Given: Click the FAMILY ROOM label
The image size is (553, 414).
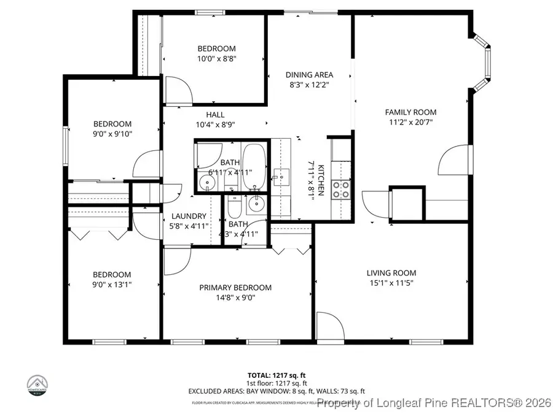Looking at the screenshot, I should tap(410, 112).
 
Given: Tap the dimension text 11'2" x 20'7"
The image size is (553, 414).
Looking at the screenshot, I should tap(410, 122).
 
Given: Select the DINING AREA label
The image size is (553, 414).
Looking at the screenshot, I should tap(309, 75).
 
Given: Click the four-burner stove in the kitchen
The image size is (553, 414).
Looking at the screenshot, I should tap(341, 190).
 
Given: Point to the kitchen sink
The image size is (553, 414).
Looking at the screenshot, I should tap(281, 177).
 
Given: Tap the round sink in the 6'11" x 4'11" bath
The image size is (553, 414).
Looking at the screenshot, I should tap(204, 182).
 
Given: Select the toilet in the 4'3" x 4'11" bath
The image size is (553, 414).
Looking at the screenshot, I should tap(234, 210).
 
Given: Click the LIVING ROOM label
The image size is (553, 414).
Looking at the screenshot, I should tap(391, 273).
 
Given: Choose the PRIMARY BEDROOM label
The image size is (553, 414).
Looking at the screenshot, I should tap(235, 288).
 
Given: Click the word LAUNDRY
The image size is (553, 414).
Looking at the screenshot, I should tap(189, 216).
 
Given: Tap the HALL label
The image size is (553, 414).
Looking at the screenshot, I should tap(215, 115).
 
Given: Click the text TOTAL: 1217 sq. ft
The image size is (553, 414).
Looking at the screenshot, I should tap(276, 374).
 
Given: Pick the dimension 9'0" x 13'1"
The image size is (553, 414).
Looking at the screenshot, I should tap(112, 285).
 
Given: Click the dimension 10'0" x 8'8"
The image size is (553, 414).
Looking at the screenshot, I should tap(216, 59).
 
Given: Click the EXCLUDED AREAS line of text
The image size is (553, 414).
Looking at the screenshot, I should tap(276, 391).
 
